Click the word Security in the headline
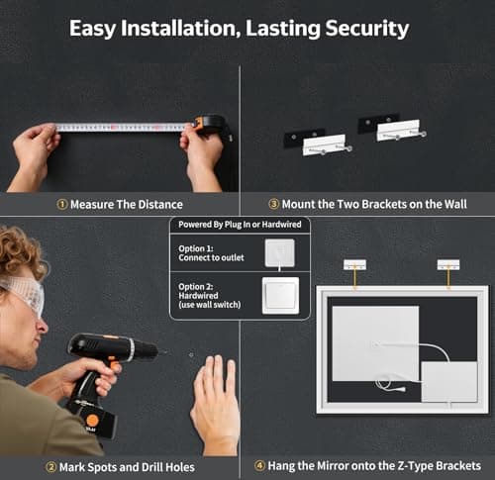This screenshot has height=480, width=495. coord(367,29)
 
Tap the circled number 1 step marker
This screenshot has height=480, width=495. coord(62,205)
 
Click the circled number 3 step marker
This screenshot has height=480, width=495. coord(274,204)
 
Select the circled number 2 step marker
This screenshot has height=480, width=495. coord(51,467)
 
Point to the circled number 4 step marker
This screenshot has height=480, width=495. coord(259,466)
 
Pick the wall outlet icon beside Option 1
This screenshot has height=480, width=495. coord(280,253)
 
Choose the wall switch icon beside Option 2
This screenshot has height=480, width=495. coord(281,296)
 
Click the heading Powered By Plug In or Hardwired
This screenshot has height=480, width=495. coord(240,225)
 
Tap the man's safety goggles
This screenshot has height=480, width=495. coord(25,293)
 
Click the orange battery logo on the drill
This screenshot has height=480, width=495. coord(92,421)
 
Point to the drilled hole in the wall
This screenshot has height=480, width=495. coord(191,355)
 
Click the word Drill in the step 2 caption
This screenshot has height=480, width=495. coord(150,467)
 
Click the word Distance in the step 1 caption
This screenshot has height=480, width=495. coord(160,205)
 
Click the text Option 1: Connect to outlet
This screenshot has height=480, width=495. coord(211,253)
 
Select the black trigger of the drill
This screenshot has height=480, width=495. coord(113,365)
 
